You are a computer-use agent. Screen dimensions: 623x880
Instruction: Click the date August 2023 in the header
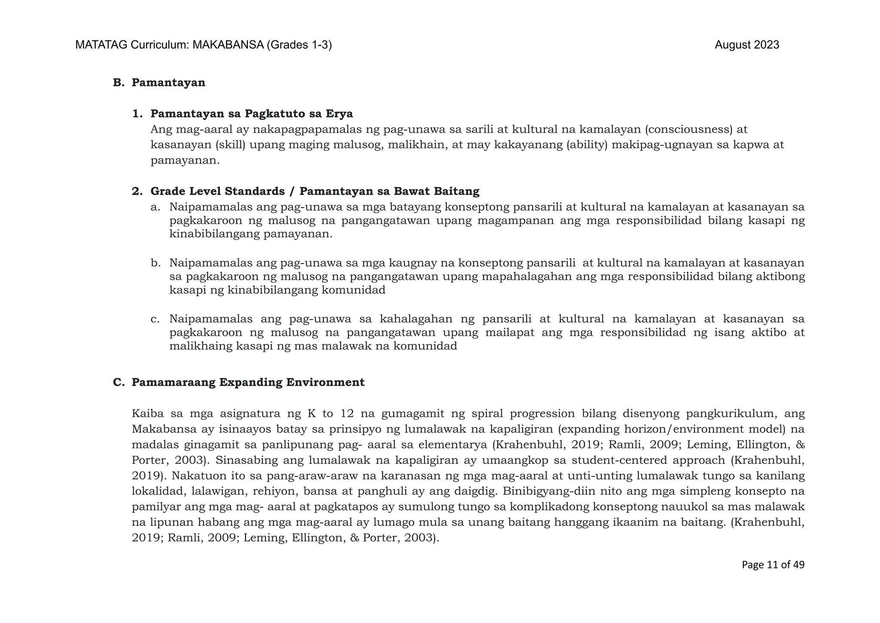pyautogui.click(x=746, y=45)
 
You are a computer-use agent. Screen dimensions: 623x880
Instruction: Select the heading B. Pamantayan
pyautogui.click(x=159, y=83)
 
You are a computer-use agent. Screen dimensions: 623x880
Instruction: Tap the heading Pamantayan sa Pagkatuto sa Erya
pyautogui.click(x=251, y=114)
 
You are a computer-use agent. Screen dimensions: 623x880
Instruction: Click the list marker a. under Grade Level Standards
pyautogui.click(x=155, y=207)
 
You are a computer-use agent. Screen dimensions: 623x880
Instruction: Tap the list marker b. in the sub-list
pyautogui.click(x=155, y=263)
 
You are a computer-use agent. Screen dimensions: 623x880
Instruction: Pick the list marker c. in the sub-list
pyautogui.click(x=155, y=319)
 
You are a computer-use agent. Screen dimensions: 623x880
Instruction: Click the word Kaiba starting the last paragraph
pyautogui.click(x=147, y=414)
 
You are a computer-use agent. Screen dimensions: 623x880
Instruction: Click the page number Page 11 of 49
pyautogui.click(x=773, y=565)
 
